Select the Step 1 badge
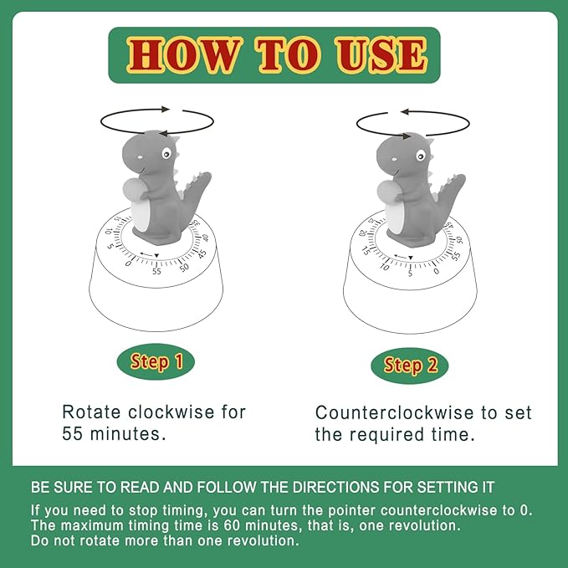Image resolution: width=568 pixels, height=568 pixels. (x=156, y=362)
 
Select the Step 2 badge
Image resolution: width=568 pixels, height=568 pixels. (x=410, y=366)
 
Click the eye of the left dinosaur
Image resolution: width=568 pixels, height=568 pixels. (x=167, y=155)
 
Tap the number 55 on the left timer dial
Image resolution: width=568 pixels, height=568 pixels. (x=156, y=270)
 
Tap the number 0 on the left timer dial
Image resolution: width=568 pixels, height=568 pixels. (x=128, y=264)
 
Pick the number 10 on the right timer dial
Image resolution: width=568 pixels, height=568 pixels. (x=384, y=266)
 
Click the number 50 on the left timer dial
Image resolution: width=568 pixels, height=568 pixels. (x=184, y=267)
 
